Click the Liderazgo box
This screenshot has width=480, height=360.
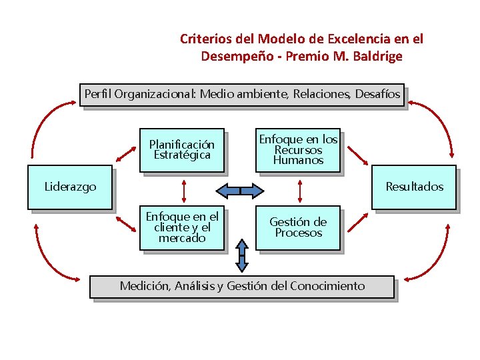coord(70,187)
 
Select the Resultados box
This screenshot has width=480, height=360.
coord(414,187)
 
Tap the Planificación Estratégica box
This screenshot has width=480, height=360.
coord(181,149)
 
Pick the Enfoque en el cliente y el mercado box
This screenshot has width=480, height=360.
coord(182,227)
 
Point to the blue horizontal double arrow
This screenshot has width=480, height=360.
coord(240,191)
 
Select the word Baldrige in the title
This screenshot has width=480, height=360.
coord(377,56)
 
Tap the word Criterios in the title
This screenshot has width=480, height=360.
coord(204,39)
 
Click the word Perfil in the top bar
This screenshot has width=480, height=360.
coord(97,94)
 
